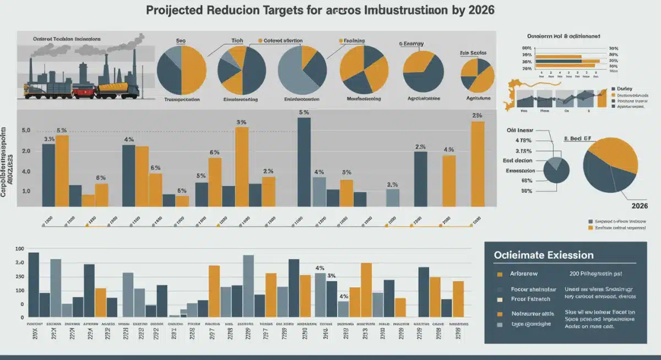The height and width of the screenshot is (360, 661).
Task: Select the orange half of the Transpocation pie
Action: point(194,70)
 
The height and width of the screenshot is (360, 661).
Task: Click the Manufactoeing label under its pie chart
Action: point(364,100)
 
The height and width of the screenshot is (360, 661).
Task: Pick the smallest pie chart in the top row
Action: point(476,75)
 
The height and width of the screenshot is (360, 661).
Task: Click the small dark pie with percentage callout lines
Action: point(556,170)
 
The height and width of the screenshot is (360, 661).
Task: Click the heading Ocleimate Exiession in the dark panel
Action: point(544,255)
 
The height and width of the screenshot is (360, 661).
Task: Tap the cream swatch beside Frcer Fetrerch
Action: point(500,300)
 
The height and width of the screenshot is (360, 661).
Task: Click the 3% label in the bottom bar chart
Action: point(332,276)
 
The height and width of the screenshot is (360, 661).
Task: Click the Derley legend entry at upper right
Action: point(624,89)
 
